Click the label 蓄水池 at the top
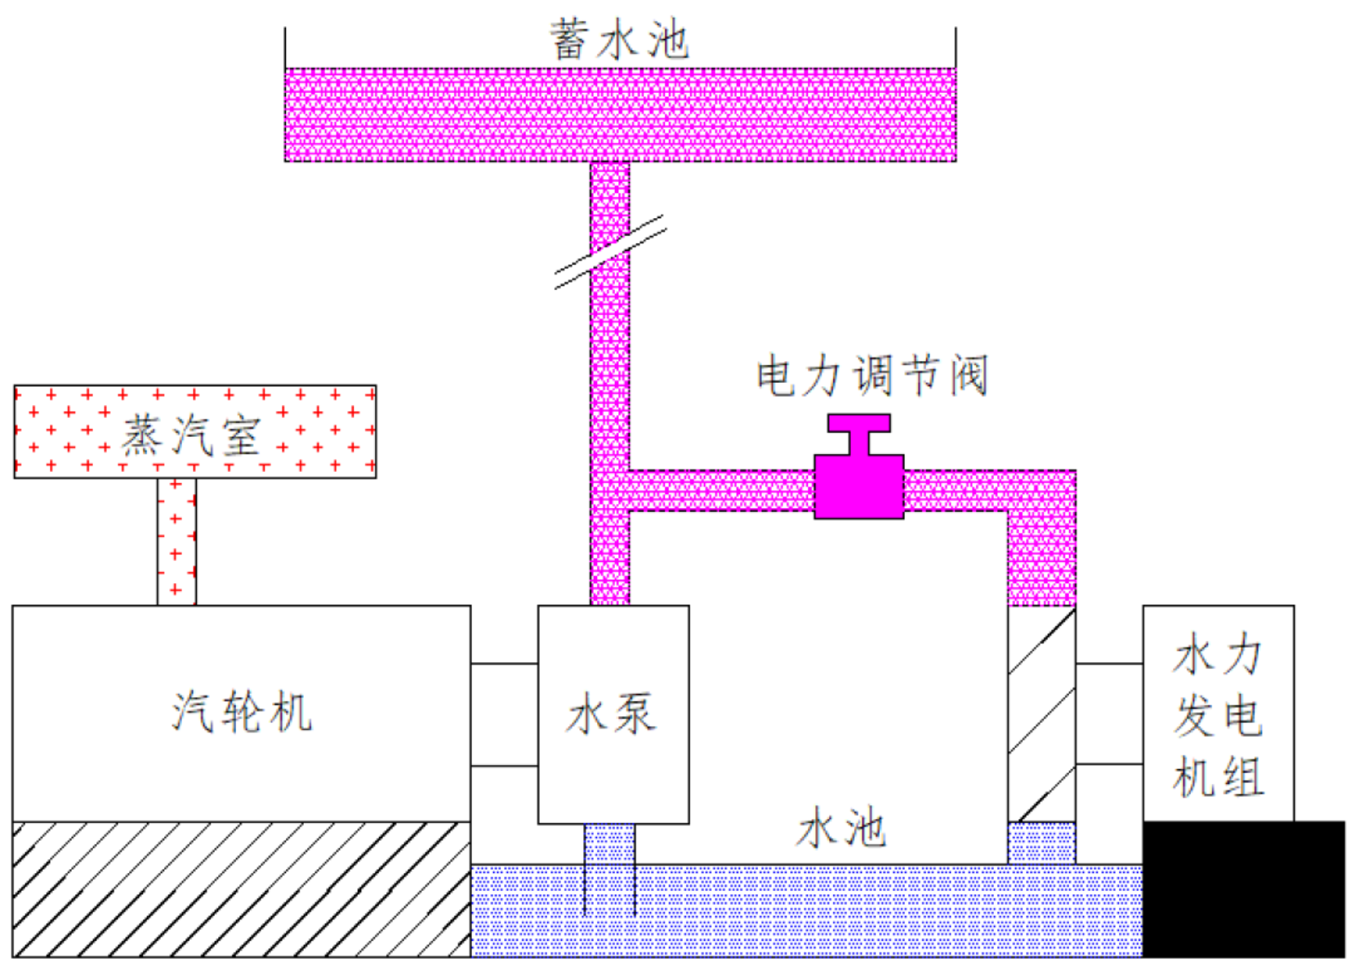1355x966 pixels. tap(619, 40)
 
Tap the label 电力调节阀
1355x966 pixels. tap(871, 376)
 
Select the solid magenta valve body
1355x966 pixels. tap(859, 487)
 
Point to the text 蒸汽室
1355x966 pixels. tap(191, 435)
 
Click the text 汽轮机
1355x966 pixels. tap(242, 712)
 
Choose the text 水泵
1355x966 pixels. tap(611, 714)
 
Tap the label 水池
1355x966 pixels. tap(840, 827)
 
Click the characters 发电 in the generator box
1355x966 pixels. tap(1218, 716)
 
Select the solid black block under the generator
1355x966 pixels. tap(1243, 889)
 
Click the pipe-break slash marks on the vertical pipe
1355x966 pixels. tap(610, 252)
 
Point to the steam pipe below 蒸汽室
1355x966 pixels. tap(176, 541)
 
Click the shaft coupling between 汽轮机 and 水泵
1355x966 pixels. tap(505, 715)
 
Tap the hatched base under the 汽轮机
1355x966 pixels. tap(242, 889)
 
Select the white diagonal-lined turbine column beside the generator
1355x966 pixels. tap(1041, 714)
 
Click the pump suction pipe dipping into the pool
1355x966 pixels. tap(610, 869)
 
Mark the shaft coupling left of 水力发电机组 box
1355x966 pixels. tap(1109, 714)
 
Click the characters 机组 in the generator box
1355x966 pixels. tap(1218, 777)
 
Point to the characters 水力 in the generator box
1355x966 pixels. tap(1218, 654)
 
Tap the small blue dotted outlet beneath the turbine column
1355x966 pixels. tap(1041, 844)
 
